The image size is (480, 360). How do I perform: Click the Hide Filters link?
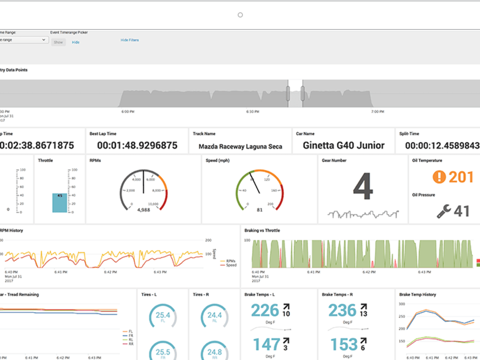click(x=130, y=40)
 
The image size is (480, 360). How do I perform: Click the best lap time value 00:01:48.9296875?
click(x=137, y=145)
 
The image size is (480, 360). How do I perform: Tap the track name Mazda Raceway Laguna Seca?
click(x=240, y=146)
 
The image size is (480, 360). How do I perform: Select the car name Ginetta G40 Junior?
click(x=344, y=145)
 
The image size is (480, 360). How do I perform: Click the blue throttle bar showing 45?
click(x=60, y=203)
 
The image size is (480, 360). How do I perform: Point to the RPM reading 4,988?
click(x=144, y=210)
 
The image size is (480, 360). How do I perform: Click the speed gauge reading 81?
click(x=259, y=210)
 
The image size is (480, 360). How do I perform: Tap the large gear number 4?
click(x=363, y=187)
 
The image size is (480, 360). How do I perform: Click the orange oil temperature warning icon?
click(x=439, y=177)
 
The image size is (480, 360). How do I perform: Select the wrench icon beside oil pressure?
click(x=444, y=211)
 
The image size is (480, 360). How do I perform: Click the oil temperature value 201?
click(x=461, y=177)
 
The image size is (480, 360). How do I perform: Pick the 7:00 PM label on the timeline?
click(x=378, y=112)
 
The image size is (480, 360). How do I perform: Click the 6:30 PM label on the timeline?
click(x=252, y=112)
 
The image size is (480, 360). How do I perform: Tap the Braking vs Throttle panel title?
click(x=262, y=230)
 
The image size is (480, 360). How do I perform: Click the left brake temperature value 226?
click(x=265, y=311)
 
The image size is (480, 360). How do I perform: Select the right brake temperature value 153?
click(x=344, y=344)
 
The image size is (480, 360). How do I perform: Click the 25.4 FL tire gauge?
click(x=163, y=316)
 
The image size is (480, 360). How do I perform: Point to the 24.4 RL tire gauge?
click(x=214, y=316)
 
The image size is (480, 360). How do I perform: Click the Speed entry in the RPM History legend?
click(x=230, y=265)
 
